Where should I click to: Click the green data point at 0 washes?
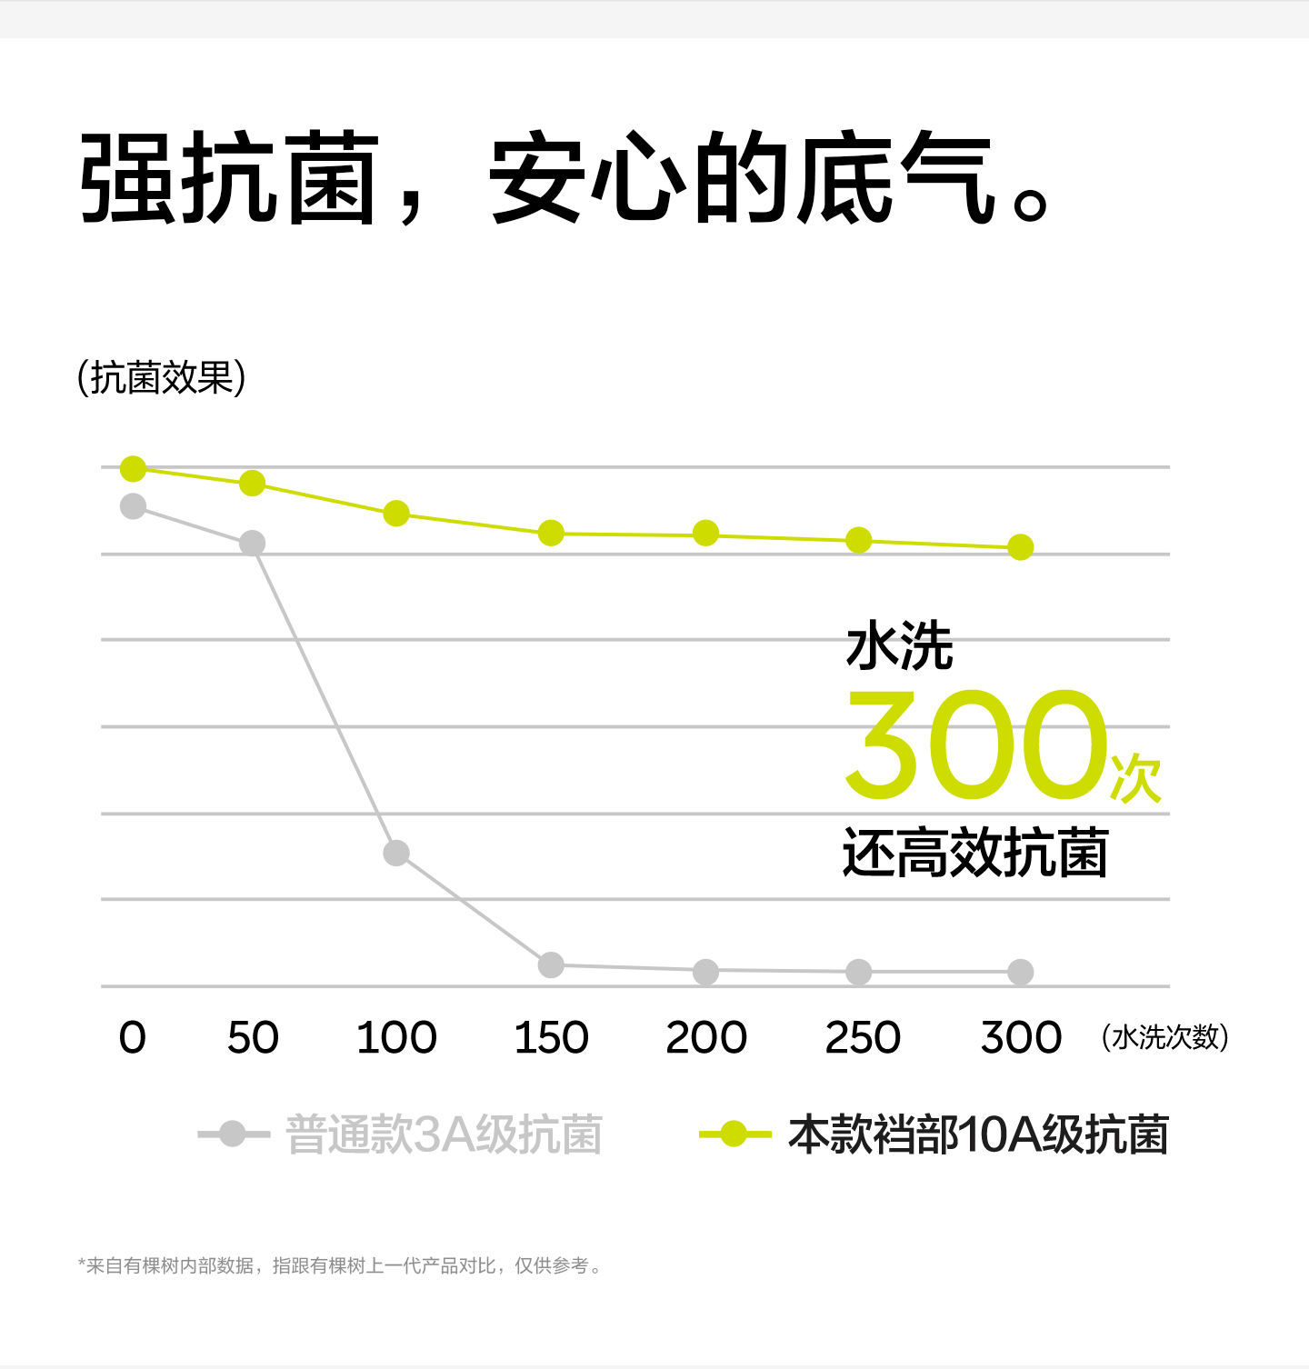(134, 469)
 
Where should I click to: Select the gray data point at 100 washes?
(396, 853)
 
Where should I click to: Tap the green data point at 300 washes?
(1021, 547)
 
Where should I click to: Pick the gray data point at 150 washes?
(551, 964)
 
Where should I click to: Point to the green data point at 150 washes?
(551, 533)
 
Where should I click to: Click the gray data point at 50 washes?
(252, 544)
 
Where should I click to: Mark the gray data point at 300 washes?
(1021, 972)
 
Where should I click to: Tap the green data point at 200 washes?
(705, 534)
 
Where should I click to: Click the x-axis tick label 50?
(253, 1037)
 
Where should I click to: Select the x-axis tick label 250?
(862, 1037)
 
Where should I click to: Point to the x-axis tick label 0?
(133, 1037)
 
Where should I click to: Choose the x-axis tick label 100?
(396, 1037)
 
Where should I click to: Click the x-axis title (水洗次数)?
(1164, 1037)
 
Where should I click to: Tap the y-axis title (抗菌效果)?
(162, 378)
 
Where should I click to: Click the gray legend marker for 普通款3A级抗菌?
(233, 1134)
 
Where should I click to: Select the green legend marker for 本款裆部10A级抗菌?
(734, 1134)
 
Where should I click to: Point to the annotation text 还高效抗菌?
(974, 853)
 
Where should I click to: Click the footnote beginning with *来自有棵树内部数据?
(340, 1265)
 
